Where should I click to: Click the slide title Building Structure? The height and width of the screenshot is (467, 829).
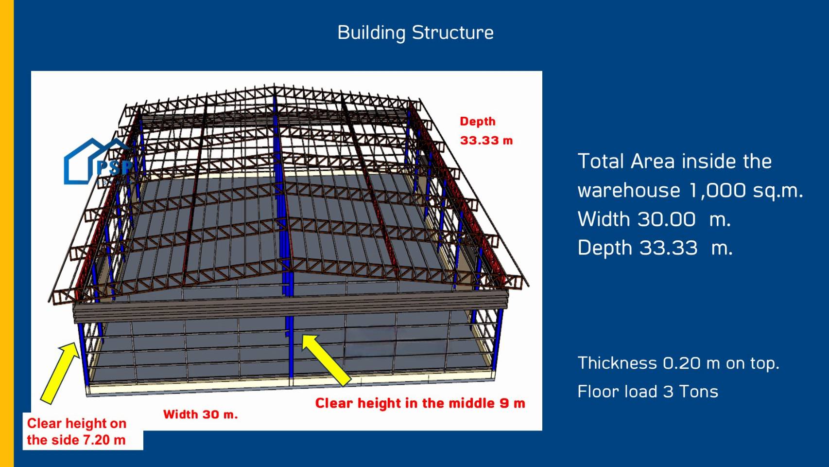pyautogui.click(x=415, y=33)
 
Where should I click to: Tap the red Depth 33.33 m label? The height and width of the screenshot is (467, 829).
pyautogui.click(x=486, y=131)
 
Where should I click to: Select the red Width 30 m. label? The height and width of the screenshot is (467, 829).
pyautogui.click(x=200, y=414)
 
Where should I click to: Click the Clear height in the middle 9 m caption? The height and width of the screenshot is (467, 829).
pyautogui.click(x=420, y=403)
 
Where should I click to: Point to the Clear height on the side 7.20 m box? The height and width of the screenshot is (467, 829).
pyautogui.click(x=83, y=431)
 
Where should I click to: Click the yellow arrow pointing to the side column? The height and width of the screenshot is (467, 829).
pyautogui.click(x=59, y=373)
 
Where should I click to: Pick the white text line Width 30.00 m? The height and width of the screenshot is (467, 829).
pyautogui.click(x=654, y=219)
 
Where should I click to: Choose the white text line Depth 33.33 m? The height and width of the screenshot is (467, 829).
pyautogui.click(x=655, y=248)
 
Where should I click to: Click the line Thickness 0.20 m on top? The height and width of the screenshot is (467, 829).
pyautogui.click(x=678, y=363)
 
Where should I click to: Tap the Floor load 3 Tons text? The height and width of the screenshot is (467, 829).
pyautogui.click(x=648, y=392)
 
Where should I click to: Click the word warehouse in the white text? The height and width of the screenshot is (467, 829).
pyautogui.click(x=629, y=191)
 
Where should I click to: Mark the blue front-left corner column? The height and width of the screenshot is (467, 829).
pyautogui.click(x=83, y=355)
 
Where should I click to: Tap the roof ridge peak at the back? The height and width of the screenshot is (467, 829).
pyautogui.click(x=274, y=86)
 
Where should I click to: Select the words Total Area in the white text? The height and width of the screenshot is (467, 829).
pyautogui.click(x=627, y=161)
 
